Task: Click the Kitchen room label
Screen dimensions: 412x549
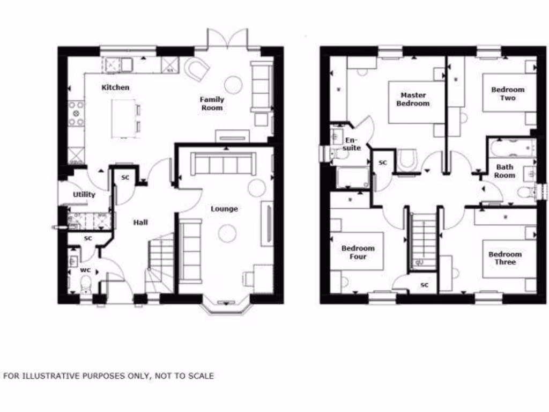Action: (x=116, y=87)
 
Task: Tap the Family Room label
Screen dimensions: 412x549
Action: (x=212, y=104)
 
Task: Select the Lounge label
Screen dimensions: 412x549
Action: (x=224, y=209)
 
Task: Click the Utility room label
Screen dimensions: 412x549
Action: (x=84, y=195)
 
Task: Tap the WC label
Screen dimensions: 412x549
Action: (x=85, y=270)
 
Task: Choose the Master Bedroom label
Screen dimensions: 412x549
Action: (x=413, y=99)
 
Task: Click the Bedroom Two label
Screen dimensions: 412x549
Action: (x=508, y=94)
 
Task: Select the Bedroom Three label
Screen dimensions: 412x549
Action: (x=505, y=258)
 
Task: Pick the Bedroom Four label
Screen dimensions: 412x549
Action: (x=358, y=253)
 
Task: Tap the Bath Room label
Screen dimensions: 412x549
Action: (x=505, y=171)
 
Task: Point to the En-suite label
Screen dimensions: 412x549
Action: (x=352, y=144)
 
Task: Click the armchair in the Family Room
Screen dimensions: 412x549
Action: (x=197, y=69)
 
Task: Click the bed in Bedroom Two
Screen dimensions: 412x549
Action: (x=508, y=92)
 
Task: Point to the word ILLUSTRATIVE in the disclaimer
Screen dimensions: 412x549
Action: (x=51, y=376)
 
